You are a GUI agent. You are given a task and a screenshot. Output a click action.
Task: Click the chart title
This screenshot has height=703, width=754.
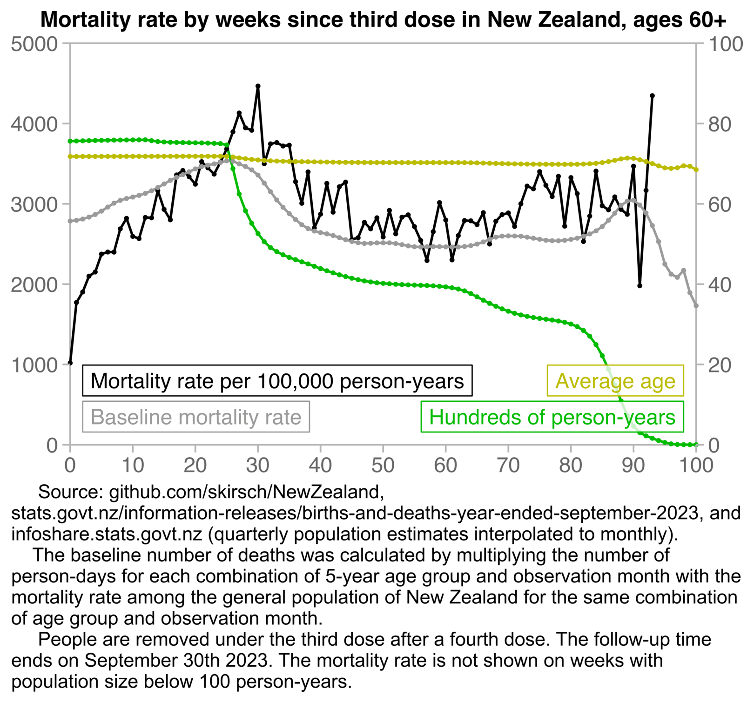click(x=383, y=20)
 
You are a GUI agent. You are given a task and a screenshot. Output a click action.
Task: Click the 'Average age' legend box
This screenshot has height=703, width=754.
click(x=615, y=381)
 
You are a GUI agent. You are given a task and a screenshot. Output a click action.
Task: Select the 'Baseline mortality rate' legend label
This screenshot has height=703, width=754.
click(x=196, y=417)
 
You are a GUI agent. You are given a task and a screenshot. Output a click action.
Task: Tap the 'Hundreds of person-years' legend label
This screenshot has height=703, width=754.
click(x=552, y=417)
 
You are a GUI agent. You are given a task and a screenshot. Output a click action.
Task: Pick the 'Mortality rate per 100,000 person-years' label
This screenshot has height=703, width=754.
click(x=277, y=381)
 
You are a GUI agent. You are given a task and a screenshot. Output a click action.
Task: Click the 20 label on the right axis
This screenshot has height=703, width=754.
click(x=720, y=365)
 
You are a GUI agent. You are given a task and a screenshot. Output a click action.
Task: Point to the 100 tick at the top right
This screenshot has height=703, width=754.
click(x=725, y=44)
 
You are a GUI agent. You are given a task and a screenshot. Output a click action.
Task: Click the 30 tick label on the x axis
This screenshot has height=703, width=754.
click(x=258, y=465)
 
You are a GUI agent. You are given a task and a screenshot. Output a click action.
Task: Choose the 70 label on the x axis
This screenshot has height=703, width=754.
click(x=508, y=465)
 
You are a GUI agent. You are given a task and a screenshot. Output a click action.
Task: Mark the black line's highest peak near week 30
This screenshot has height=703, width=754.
click(x=258, y=86)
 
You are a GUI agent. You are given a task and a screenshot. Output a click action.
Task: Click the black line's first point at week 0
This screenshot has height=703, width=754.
click(x=70, y=363)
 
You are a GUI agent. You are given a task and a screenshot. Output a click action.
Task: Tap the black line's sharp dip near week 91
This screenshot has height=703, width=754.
click(x=640, y=285)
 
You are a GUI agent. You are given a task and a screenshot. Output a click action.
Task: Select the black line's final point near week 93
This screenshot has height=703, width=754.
click(x=652, y=96)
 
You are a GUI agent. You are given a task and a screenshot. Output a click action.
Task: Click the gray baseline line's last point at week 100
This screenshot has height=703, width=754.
click(x=696, y=305)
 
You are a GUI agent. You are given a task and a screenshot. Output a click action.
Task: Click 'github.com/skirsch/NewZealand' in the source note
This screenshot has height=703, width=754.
click(x=246, y=492)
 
